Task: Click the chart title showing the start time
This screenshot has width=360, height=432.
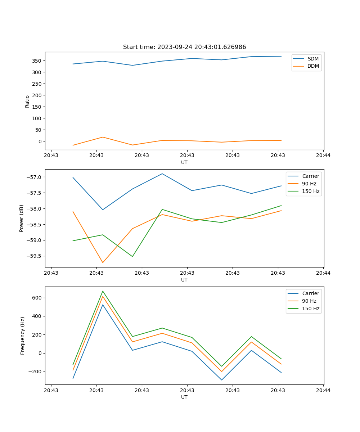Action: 184,47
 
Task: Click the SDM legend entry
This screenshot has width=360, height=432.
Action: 313,59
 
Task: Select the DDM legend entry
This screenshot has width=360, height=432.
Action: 313,66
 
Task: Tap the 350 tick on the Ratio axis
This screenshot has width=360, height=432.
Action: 37,61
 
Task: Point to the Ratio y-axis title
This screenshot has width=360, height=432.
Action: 27,101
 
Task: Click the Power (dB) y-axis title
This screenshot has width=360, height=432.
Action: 22,218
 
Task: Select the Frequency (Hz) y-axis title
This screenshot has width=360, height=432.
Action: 22,336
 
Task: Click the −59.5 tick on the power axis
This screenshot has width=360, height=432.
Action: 34,256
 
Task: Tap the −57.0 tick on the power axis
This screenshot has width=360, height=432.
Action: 34,177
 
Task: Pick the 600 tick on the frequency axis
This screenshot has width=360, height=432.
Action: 37,298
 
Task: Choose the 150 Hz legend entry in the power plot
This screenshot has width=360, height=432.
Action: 311,191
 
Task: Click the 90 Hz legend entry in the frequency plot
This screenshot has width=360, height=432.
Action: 309,301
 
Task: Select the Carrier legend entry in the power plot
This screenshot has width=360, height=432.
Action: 310,176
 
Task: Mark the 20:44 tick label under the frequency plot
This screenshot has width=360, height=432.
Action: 323,390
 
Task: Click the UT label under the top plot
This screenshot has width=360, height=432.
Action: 184,162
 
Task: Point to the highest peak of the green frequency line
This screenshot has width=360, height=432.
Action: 103,291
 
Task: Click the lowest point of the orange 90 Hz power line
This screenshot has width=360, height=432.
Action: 103,262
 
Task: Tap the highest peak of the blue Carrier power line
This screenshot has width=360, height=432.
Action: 162,174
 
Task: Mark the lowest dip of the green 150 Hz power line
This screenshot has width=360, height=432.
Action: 132,257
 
